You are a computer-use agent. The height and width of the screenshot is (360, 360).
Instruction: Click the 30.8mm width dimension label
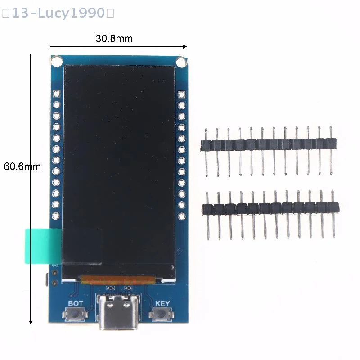coord(114,39)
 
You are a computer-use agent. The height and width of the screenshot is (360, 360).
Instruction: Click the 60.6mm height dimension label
coord(22,166)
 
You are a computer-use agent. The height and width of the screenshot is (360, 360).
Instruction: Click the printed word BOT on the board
coord(75,303)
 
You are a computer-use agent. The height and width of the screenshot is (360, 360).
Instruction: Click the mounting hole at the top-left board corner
coord(56,60)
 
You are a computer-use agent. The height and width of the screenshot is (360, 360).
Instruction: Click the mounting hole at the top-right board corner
coord(181,61)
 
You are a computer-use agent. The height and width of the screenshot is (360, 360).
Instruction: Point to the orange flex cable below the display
coord(117,280)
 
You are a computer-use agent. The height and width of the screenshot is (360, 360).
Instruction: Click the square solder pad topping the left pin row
coord(57,94)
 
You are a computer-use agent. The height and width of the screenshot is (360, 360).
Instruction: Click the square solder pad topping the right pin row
coord(181,94)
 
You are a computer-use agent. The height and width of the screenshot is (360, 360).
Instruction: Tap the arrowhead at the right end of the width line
coord(184,46)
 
